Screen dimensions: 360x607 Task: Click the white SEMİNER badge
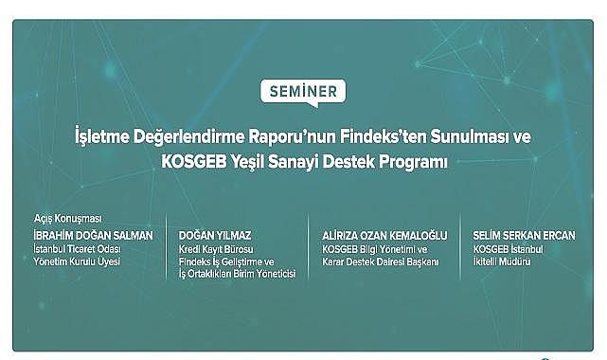tap(302, 92)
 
